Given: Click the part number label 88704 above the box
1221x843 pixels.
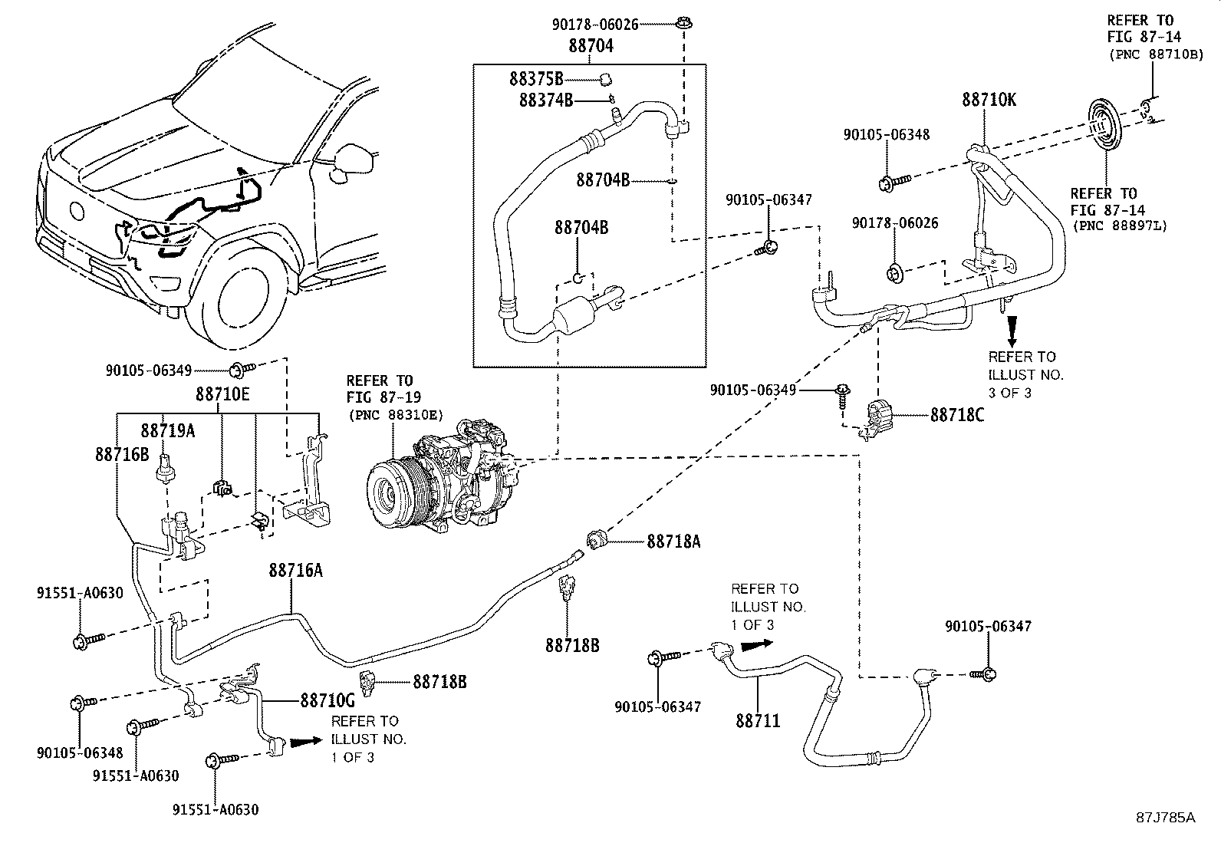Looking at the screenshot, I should [x=591, y=46].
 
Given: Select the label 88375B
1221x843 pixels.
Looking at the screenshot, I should [x=536, y=78].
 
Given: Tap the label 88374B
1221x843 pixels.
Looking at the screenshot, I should [x=545, y=100].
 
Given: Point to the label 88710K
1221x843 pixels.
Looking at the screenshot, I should [x=989, y=100].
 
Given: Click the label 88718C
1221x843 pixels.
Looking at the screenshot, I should [x=956, y=415].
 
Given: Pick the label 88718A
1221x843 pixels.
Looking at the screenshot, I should [x=673, y=542].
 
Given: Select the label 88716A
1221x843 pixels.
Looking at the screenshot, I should [x=295, y=571].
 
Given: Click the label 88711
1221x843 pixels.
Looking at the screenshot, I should [x=758, y=720].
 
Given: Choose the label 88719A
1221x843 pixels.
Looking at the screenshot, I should [x=167, y=431].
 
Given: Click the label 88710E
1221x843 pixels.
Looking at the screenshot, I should [x=222, y=394].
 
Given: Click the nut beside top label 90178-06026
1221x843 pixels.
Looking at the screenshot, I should [x=682, y=25].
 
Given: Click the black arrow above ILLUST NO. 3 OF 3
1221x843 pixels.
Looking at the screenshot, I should [x=1012, y=330].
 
